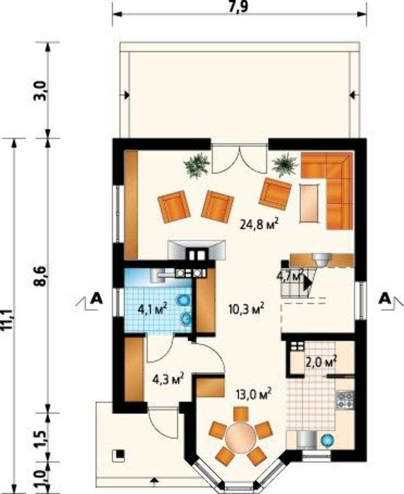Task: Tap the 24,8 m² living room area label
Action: pos(259,225)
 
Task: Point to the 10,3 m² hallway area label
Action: pos(246,309)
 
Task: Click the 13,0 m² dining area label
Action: pos(253,394)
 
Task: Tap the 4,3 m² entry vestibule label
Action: pos(168,379)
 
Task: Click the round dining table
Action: pos(241,438)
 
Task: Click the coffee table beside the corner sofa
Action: pos(310,203)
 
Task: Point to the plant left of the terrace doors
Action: pos(197,165)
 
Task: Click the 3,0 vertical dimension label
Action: pos(41,90)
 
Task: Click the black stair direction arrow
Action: pos(307,284)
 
